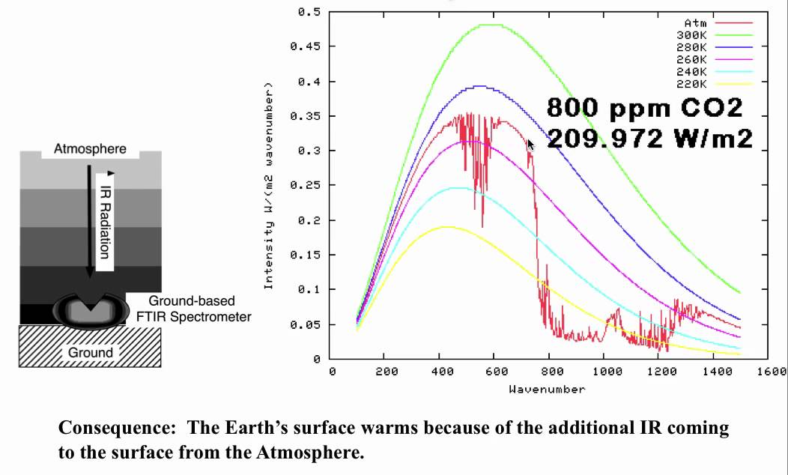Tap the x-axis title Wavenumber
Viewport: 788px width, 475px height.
point(547,389)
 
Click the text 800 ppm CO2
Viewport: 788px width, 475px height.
point(644,108)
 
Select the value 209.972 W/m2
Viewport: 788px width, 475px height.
point(649,138)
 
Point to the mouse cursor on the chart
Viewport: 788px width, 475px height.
point(531,145)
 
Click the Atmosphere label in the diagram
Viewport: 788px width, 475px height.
point(90,149)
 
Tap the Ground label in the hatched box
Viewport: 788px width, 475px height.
point(91,352)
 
